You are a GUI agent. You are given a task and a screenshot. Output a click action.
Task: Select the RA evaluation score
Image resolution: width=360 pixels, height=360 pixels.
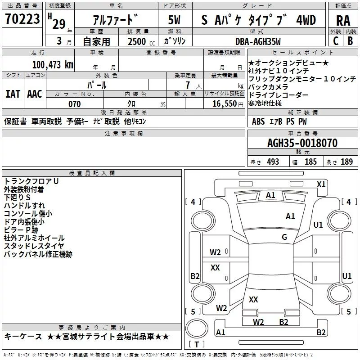click(343, 20)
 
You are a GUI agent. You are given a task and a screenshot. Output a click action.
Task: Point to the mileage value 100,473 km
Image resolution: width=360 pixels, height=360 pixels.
click(53, 64)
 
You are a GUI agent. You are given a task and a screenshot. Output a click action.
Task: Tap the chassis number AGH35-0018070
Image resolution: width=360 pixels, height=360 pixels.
click(302, 143)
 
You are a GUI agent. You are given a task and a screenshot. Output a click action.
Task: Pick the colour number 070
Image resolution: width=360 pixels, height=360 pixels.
click(74, 104)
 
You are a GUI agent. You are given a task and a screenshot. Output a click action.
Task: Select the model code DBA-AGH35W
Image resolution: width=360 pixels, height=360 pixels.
click(258, 41)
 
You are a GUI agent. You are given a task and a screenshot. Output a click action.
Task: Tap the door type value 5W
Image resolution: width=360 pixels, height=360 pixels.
click(175, 20)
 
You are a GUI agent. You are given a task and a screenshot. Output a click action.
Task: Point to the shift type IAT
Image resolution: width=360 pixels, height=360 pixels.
click(13, 94)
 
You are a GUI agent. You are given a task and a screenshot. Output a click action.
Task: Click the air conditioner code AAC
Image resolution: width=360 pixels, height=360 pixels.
click(35, 94)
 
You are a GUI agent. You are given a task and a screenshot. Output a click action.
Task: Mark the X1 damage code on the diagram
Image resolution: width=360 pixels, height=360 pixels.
click(321, 184)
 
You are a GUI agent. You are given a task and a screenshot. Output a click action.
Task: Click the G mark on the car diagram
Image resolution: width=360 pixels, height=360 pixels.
click(284, 237)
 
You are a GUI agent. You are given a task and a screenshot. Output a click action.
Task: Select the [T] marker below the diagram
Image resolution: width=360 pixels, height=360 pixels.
click(196, 345)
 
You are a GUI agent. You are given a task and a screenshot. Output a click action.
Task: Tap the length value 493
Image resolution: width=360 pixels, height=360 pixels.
click(273, 162)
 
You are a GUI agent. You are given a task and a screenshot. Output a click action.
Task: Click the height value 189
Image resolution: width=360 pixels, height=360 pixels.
click(346, 162)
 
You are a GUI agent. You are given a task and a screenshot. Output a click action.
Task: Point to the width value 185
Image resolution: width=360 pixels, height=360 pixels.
click(310, 162)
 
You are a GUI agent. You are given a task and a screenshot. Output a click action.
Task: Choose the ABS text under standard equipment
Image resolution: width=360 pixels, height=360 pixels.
click(258, 121)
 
